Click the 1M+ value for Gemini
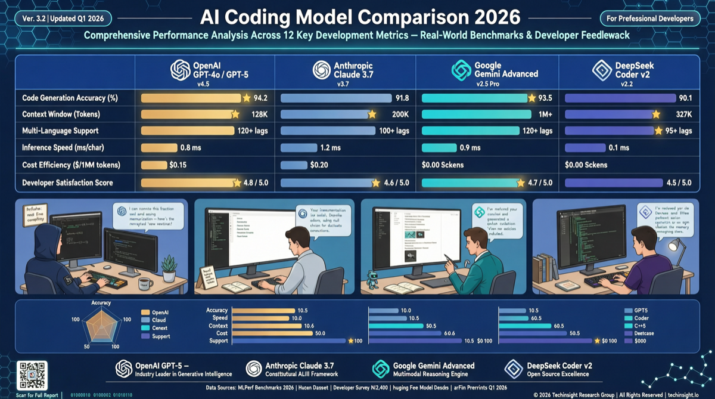[543, 114]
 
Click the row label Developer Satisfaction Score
[67, 183]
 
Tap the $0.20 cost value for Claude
[320, 165]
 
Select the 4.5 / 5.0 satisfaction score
[677, 183]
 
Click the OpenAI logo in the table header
[181, 70]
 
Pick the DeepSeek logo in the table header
[602, 70]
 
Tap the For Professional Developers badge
[650, 18]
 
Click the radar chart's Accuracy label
[101, 303]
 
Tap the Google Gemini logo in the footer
[381, 369]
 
